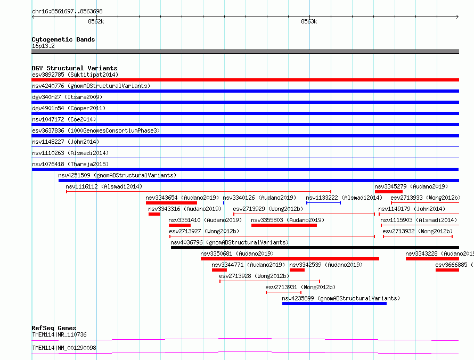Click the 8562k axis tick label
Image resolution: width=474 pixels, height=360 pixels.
[x=96, y=21]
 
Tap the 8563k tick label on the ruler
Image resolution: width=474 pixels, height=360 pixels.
[x=309, y=21]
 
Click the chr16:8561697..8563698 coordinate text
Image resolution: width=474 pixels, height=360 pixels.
[x=67, y=12]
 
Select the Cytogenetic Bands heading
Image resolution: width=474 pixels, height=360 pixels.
[x=63, y=39]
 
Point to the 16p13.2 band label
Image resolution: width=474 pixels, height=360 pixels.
[x=43, y=46]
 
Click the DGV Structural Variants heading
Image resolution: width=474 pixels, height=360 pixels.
[x=75, y=68]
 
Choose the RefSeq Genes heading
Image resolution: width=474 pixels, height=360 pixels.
[x=54, y=328]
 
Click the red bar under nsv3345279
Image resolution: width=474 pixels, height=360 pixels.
[x=388, y=192]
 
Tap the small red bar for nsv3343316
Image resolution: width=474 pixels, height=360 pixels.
[x=154, y=214]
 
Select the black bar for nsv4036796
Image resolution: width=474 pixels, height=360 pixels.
[x=315, y=248]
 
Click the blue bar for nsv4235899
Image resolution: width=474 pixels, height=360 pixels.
[x=334, y=304]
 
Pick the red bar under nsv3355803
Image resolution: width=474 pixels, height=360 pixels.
[x=284, y=225]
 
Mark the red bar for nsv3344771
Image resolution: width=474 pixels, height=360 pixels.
[x=219, y=270]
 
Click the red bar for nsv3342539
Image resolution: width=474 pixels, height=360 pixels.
[x=297, y=270]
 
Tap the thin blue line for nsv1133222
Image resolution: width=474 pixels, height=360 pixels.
[x=323, y=203]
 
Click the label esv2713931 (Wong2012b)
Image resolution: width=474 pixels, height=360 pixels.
[x=300, y=287]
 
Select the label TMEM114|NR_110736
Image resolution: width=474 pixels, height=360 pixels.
[x=59, y=334]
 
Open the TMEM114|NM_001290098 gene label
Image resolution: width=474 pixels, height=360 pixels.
[x=64, y=348]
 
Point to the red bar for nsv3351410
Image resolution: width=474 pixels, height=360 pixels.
[x=179, y=225]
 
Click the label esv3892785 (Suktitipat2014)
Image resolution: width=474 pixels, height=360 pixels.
[x=75, y=75]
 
